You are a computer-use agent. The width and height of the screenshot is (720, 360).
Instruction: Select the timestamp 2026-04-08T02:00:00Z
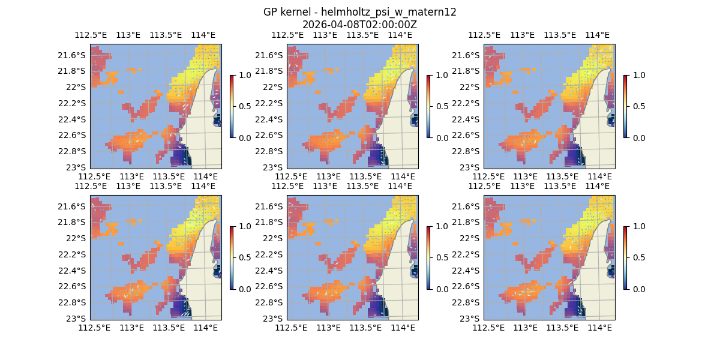pos(359,25)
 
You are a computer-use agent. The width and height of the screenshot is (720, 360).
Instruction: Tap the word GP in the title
pos(271,12)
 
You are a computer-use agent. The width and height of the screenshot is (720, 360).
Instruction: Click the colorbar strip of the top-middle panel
pos(428,106)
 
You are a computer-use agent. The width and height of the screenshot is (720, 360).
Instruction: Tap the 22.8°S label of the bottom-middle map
pos(268,302)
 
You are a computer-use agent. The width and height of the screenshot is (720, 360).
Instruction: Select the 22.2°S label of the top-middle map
pos(268,103)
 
